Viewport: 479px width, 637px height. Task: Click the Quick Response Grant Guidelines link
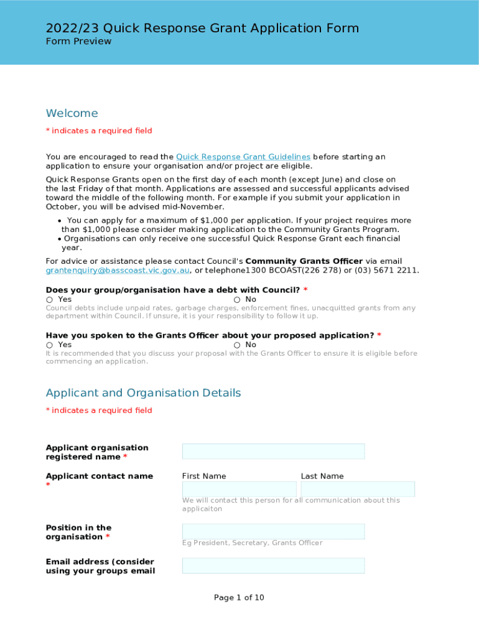pyautogui.click(x=243, y=157)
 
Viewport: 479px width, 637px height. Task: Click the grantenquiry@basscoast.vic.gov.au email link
pyautogui.click(x=118, y=271)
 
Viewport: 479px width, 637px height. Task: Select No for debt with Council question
pyautogui.click(x=237, y=300)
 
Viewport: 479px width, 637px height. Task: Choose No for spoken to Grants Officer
pyautogui.click(x=237, y=345)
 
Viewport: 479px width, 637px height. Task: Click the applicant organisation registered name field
pyautogui.click(x=273, y=452)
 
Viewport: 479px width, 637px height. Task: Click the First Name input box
pyautogui.click(x=239, y=489)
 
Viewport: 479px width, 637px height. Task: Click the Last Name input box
pyautogui.click(x=358, y=489)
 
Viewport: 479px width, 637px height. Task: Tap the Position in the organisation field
pyautogui.click(x=273, y=531)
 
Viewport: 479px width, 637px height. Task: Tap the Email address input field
pyautogui.click(x=273, y=565)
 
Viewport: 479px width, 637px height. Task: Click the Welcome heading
pyautogui.click(x=72, y=113)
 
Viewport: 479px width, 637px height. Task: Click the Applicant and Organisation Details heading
pyautogui.click(x=143, y=393)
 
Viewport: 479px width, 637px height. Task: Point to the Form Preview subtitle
pyautogui.click(x=78, y=42)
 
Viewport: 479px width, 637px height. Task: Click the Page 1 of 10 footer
pyautogui.click(x=239, y=598)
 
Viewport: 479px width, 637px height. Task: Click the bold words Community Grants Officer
pyautogui.click(x=304, y=261)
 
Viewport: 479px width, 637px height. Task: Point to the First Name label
pyautogui.click(x=204, y=477)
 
